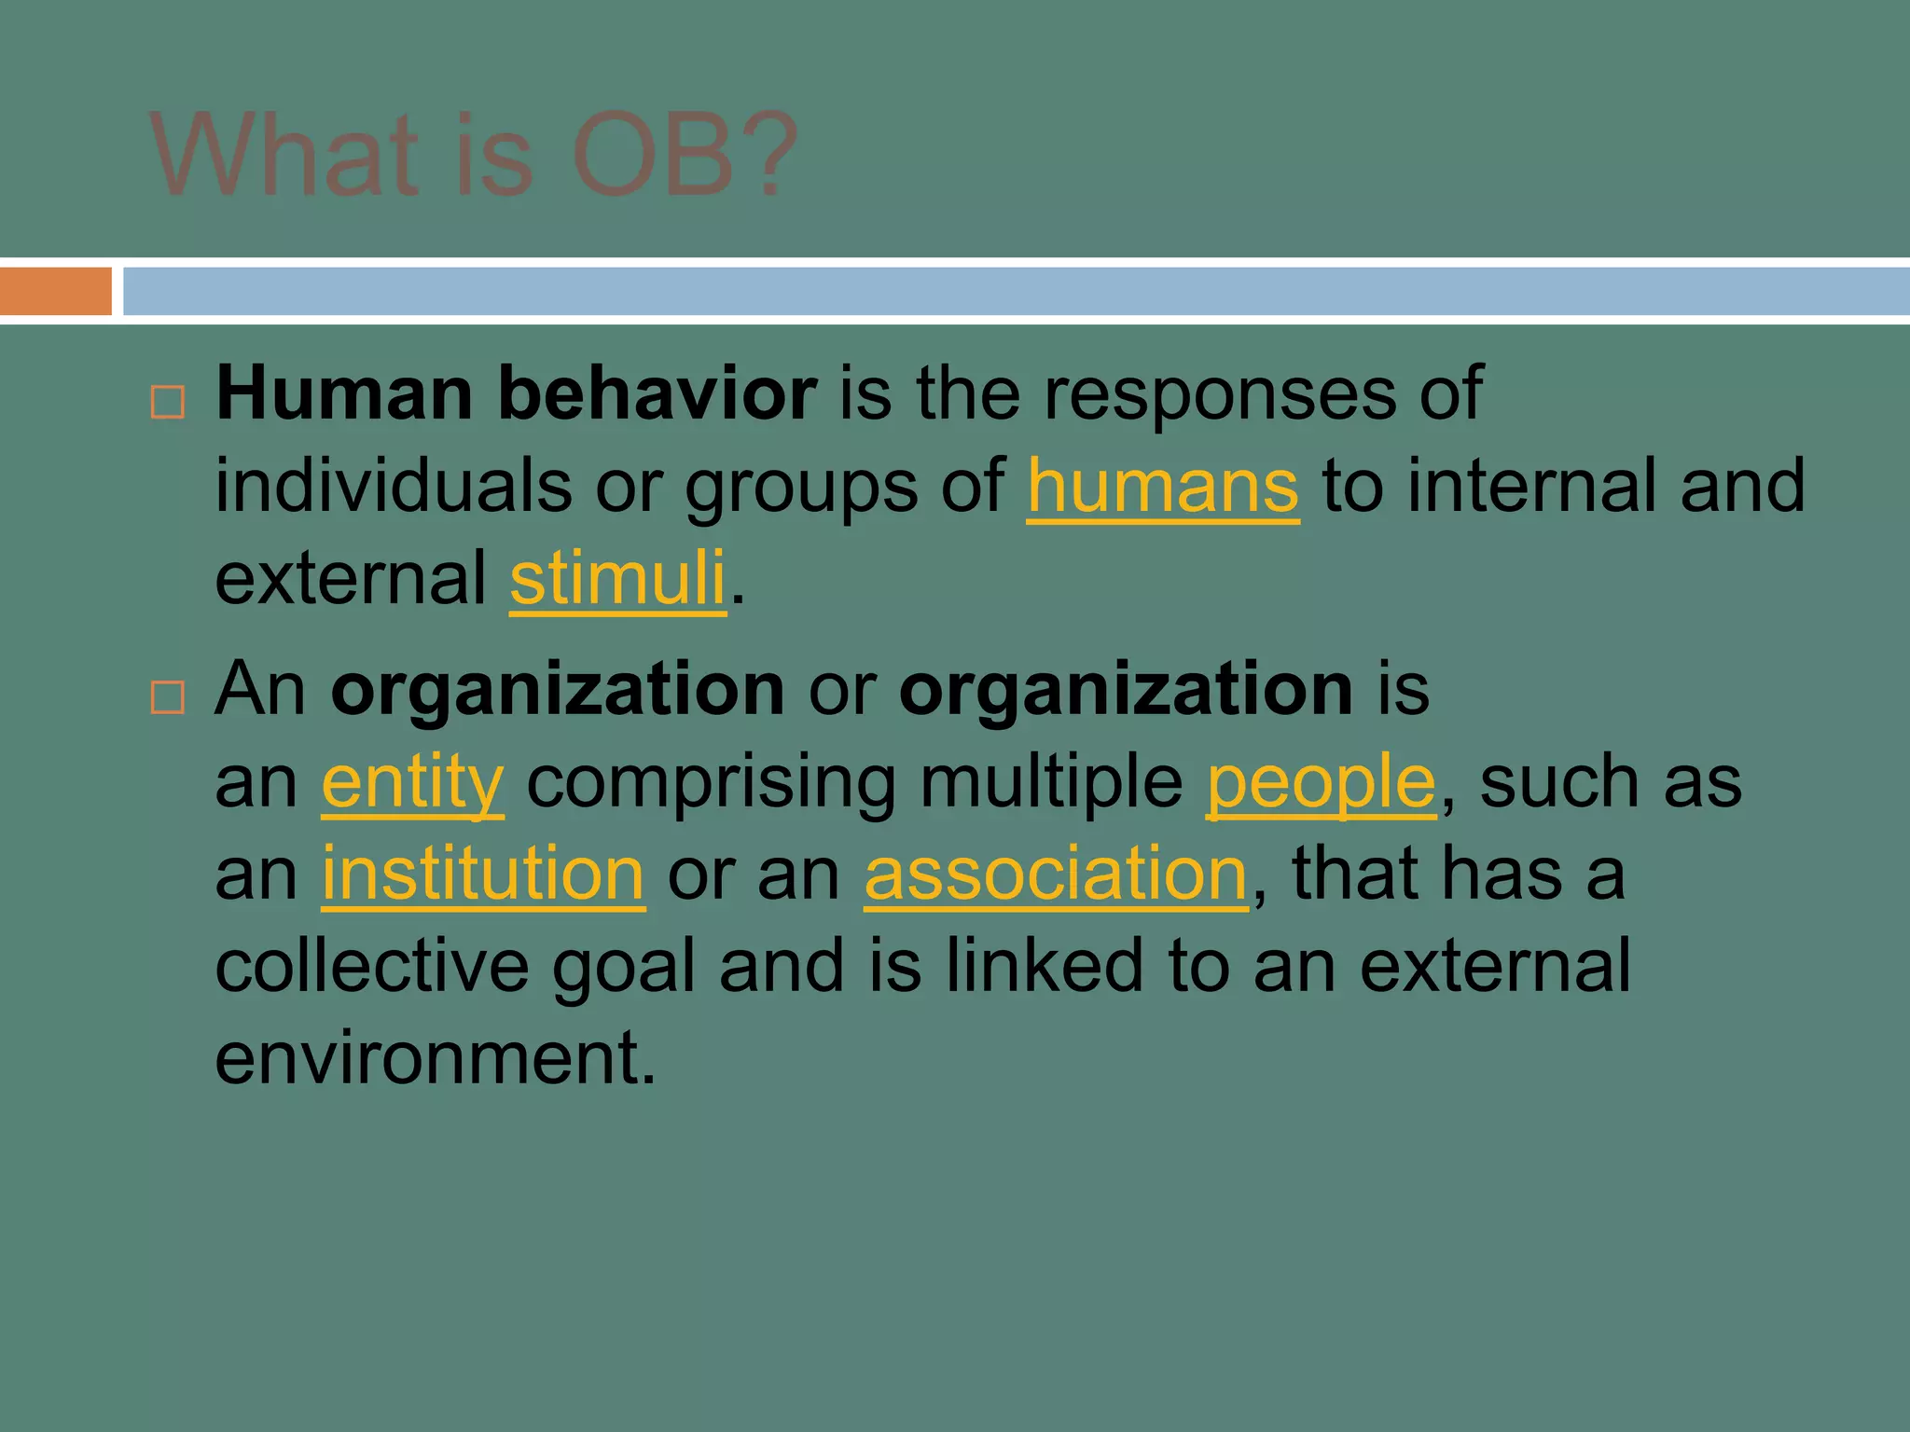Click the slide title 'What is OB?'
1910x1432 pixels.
tap(474, 155)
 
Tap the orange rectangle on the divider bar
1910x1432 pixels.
tap(56, 292)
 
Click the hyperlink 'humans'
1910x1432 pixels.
tap(1162, 487)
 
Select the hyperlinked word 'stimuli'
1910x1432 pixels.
tap(617, 578)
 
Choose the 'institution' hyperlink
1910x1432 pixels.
tap(483, 874)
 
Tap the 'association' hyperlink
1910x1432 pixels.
tap(1056, 874)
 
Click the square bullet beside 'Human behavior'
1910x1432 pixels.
tap(168, 403)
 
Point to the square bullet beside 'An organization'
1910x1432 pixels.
tap(168, 696)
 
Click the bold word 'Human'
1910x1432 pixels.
tap(344, 394)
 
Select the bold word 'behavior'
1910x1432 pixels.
tap(657, 394)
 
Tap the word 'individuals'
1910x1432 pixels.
tap(393, 487)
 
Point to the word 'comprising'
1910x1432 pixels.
tap(711, 783)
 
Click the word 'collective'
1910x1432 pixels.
tap(371, 966)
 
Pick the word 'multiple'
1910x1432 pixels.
tap(1051, 783)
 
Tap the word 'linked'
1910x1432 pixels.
tap(1044, 966)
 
